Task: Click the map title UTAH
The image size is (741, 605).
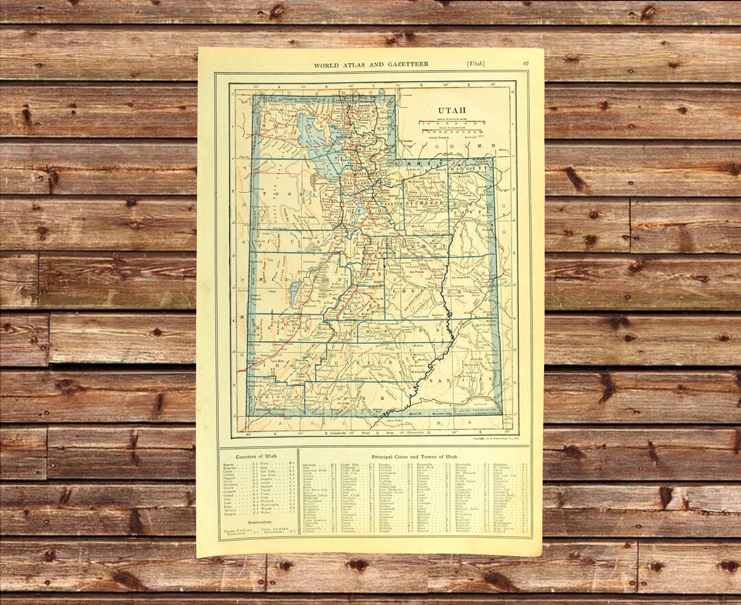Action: pyautogui.click(x=452, y=110)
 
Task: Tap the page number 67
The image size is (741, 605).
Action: pyautogui.click(x=525, y=64)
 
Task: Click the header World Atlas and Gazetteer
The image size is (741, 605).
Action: pyautogui.click(x=370, y=64)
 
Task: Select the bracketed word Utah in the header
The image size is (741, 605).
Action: pyautogui.click(x=475, y=64)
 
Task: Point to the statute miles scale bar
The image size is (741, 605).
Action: pyautogui.click(x=452, y=123)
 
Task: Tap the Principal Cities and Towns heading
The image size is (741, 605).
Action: pyautogui.click(x=414, y=456)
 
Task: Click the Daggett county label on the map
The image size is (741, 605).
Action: pyautogui.click(x=479, y=167)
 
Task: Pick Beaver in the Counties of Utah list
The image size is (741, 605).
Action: pyautogui.click(x=228, y=464)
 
